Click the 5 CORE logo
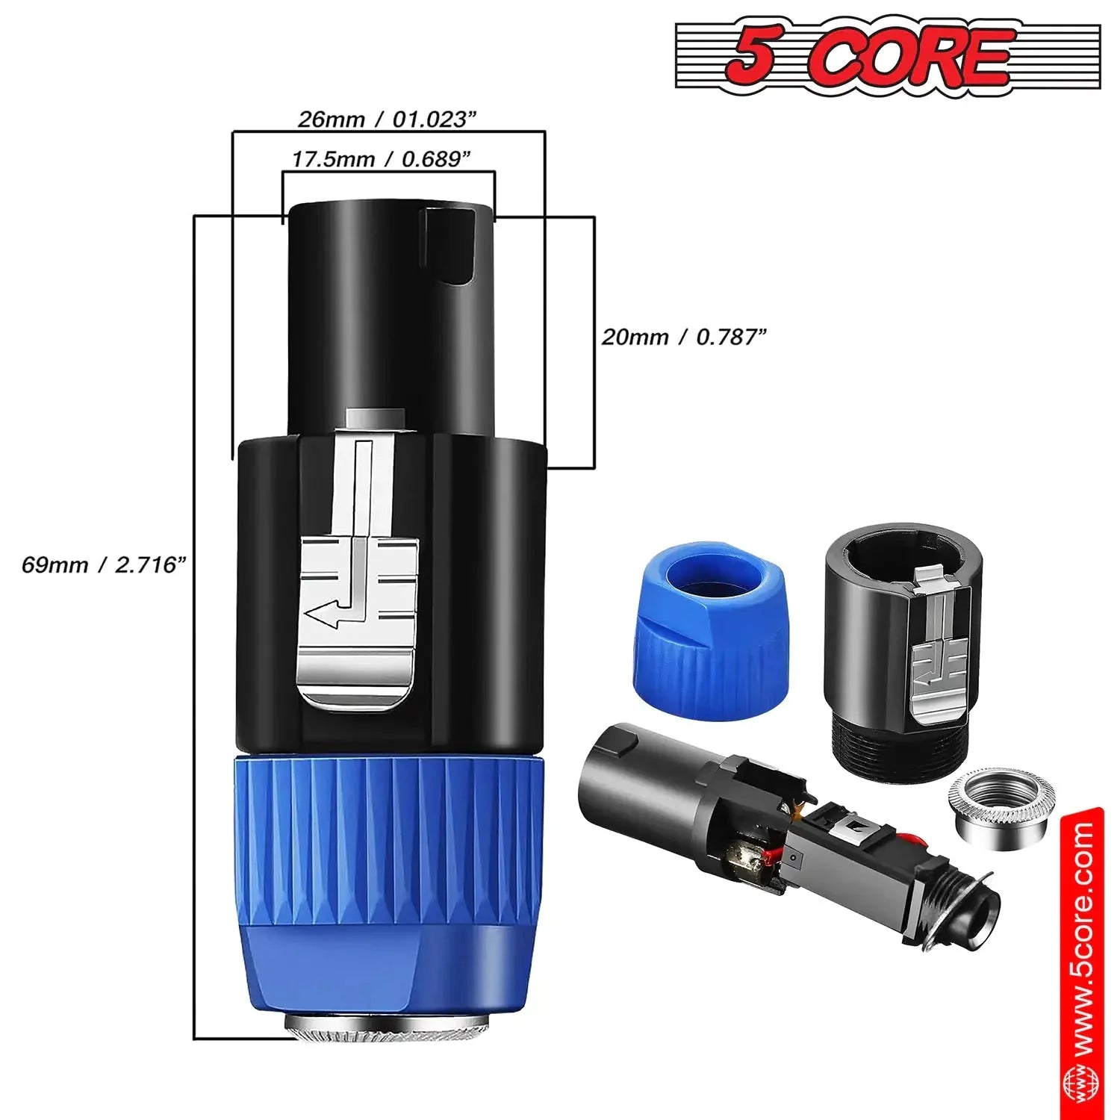887,57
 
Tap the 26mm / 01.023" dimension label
387,119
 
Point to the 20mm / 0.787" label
684,337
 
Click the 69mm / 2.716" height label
103,564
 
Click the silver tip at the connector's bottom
388,1031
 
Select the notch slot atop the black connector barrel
447,246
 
